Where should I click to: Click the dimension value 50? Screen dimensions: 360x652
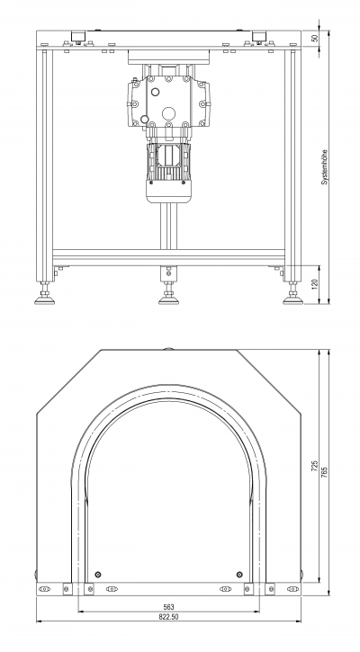tap(315, 38)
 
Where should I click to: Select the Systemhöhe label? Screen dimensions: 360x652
tap(325, 167)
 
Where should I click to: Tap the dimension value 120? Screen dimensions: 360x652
tap(315, 284)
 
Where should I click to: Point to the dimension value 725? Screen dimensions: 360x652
tap(315, 466)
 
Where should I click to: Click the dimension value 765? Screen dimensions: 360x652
tap(325, 472)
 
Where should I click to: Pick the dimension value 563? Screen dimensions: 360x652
tap(168, 608)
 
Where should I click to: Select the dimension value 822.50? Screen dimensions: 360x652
tap(168, 617)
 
